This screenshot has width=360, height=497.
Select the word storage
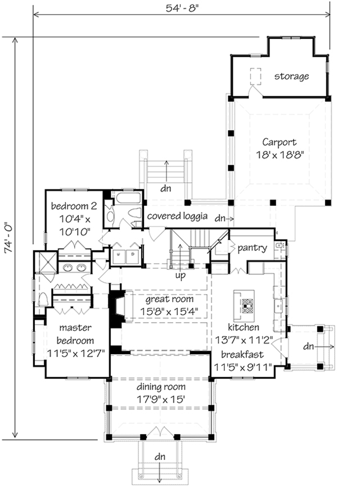pyautogui.click(x=291, y=76)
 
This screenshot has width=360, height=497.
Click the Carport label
pyautogui.click(x=279, y=142)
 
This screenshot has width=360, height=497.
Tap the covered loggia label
pyautogui.click(x=178, y=216)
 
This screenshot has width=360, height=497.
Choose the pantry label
pyautogui.click(x=251, y=247)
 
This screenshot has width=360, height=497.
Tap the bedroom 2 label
pyautogui.click(x=74, y=205)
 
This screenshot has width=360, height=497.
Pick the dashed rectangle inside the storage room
pyautogui.click(x=256, y=77)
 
